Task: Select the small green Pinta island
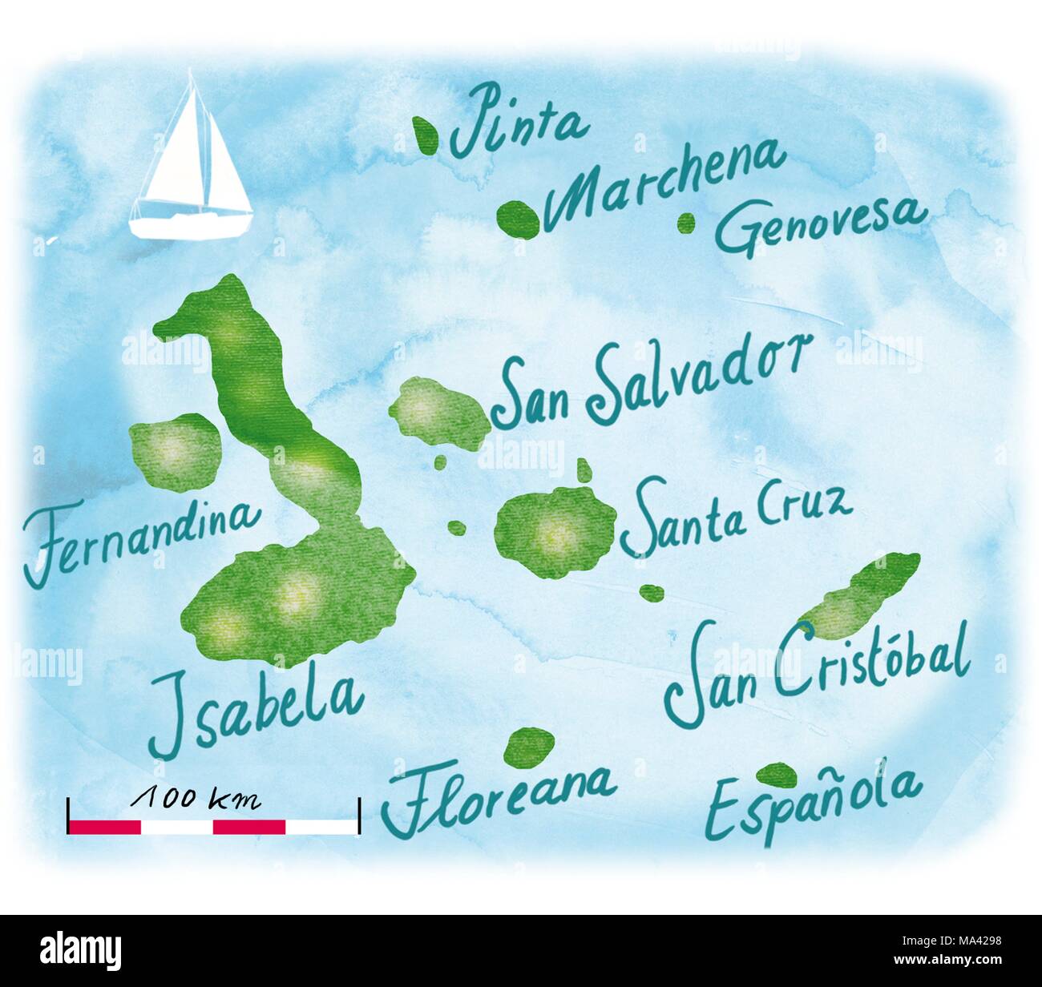coord(426,134)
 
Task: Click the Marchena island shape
coord(517,217)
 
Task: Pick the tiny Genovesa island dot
coord(686,223)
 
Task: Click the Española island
coord(777,774)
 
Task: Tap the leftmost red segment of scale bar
coord(105,827)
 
